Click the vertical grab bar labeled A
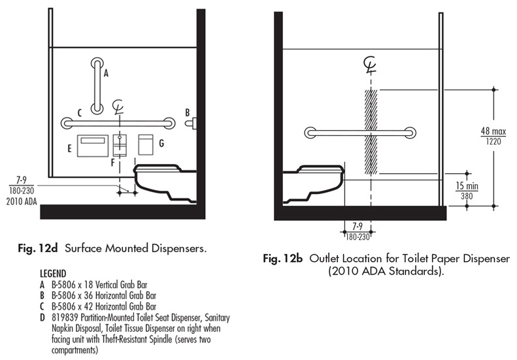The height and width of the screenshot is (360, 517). (97, 85)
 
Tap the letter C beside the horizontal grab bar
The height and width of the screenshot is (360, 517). (78, 112)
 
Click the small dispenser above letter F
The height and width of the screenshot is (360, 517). (120, 144)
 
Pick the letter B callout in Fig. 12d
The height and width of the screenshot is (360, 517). (187, 112)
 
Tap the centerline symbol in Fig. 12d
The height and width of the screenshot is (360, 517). (119, 106)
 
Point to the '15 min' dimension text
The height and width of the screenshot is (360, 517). (467, 186)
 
